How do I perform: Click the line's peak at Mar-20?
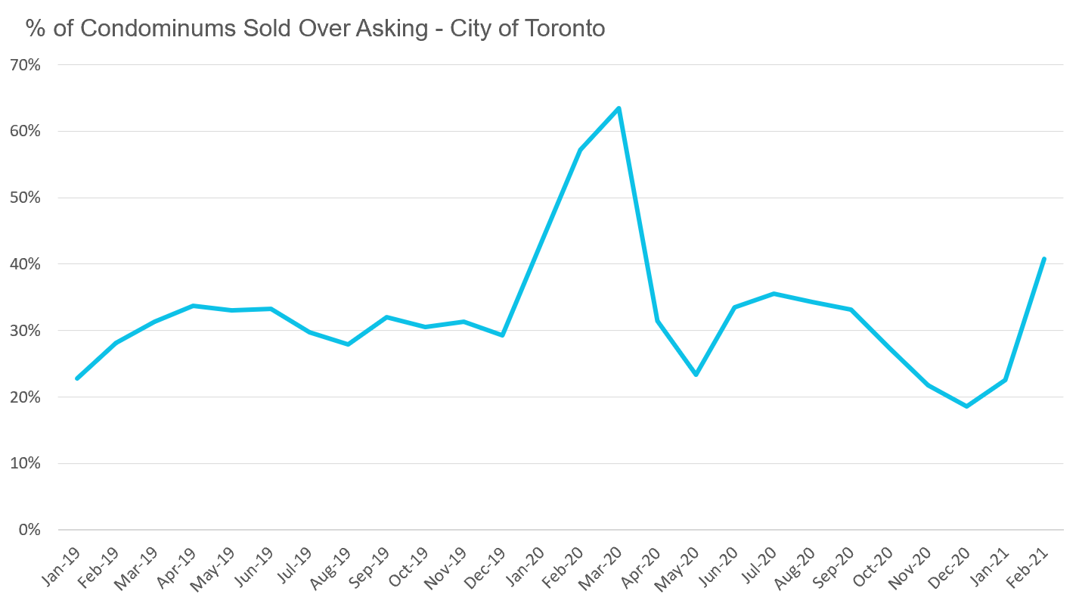(x=619, y=108)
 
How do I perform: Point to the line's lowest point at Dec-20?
(x=966, y=406)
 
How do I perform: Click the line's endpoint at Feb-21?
(x=1043, y=259)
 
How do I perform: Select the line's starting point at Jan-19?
(x=77, y=378)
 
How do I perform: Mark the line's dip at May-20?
(x=696, y=375)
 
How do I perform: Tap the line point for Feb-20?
(x=580, y=150)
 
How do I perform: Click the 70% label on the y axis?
(x=25, y=65)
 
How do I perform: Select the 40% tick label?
(x=25, y=264)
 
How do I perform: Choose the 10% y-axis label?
(x=25, y=463)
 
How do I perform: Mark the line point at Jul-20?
(x=773, y=294)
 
